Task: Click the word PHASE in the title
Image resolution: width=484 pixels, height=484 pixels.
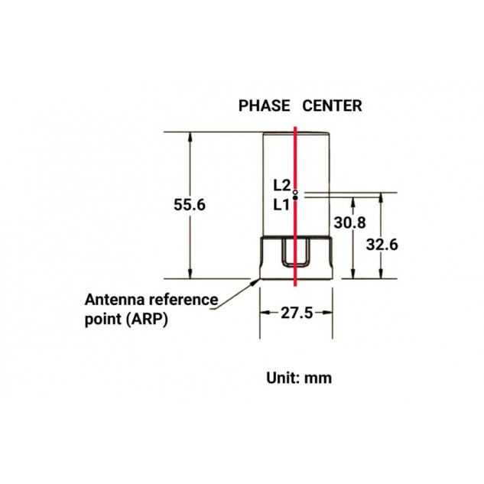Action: tap(265, 106)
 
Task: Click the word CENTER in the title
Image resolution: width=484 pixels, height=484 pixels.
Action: tap(332, 106)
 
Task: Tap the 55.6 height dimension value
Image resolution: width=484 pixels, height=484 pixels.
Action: tap(190, 205)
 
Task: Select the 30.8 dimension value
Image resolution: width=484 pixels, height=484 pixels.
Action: tap(349, 223)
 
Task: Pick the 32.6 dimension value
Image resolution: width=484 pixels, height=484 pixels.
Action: tap(382, 245)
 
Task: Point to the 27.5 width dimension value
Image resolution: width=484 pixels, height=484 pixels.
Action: tap(297, 313)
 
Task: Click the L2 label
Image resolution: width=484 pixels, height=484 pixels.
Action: tap(282, 186)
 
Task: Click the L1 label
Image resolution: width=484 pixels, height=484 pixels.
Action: tap(281, 205)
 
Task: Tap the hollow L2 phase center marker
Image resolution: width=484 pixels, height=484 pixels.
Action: tap(295, 193)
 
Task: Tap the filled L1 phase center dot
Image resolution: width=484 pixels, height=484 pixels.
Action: tap(295, 197)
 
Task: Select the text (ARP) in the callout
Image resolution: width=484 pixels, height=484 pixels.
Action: tap(148, 319)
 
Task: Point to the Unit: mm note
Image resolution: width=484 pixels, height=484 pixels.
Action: tap(299, 378)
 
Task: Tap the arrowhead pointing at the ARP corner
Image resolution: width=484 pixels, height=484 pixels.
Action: tap(255, 281)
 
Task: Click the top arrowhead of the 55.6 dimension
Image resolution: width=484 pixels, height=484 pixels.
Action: tap(190, 138)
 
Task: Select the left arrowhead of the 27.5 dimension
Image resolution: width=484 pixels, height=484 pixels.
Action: tap(265, 313)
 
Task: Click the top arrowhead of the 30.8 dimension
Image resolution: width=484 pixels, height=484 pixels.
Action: tap(353, 203)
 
